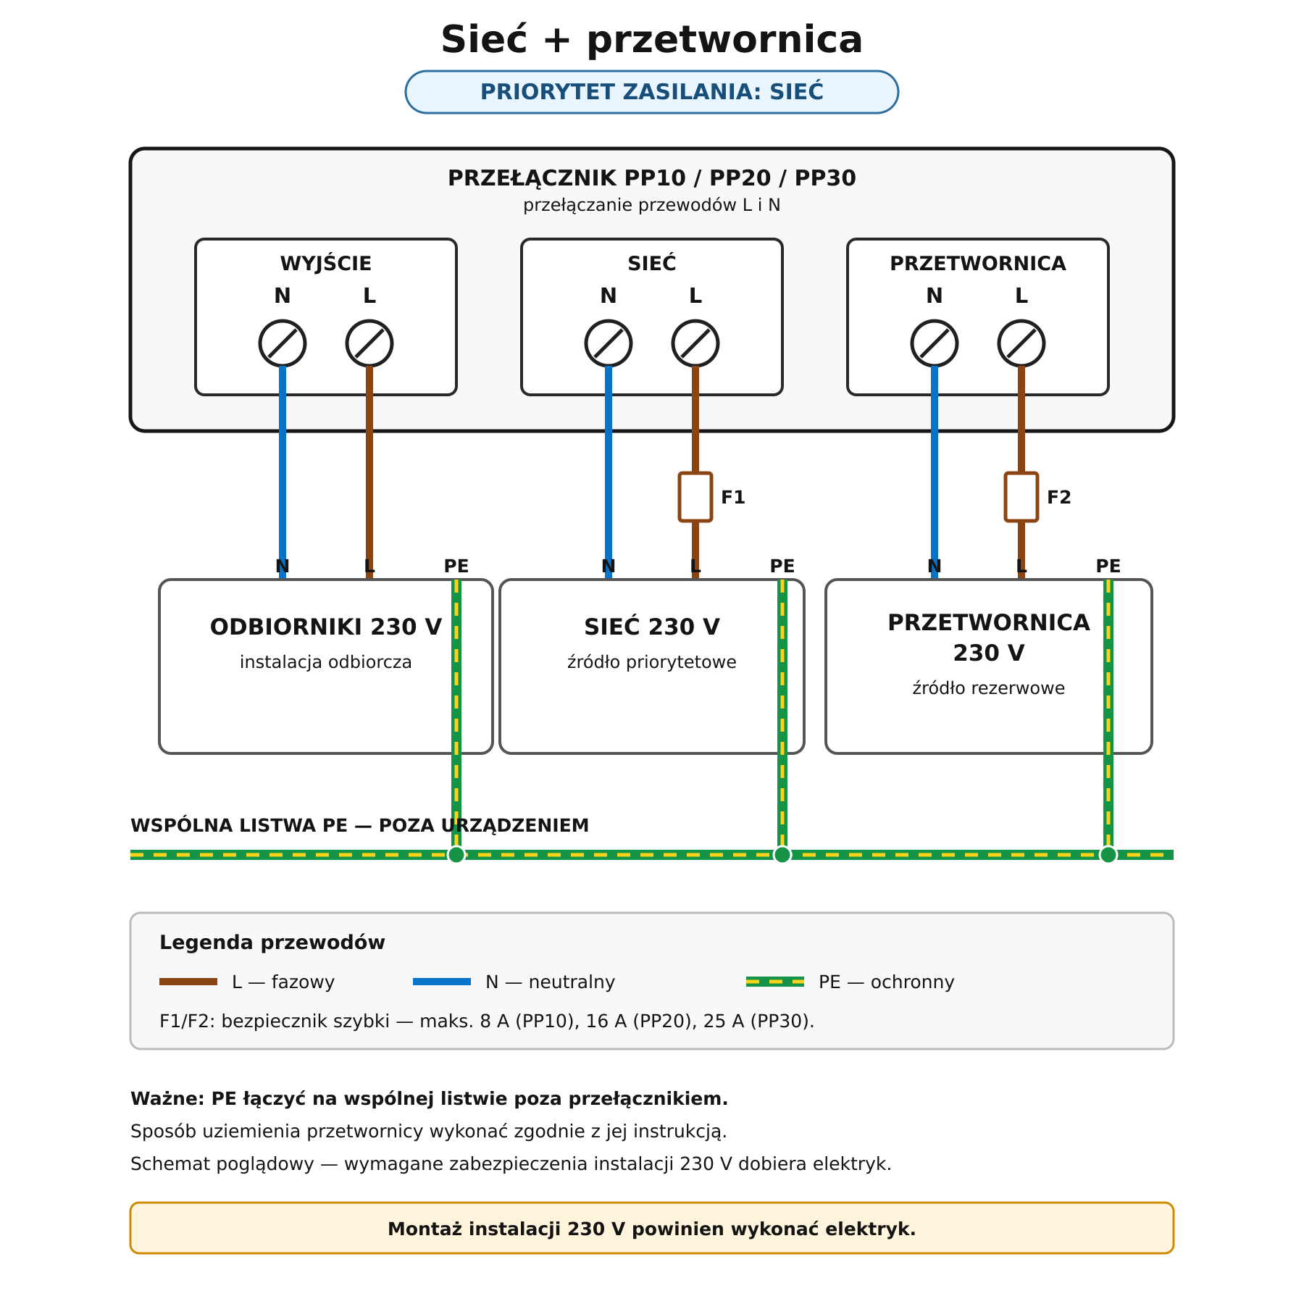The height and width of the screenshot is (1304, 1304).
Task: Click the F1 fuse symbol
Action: (695, 497)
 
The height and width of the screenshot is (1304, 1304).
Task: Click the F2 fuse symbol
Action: (1021, 497)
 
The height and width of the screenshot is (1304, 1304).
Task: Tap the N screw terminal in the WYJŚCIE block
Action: (283, 343)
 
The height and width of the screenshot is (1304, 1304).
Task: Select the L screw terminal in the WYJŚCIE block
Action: (369, 343)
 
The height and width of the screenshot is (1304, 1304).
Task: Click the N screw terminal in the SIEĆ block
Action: (609, 343)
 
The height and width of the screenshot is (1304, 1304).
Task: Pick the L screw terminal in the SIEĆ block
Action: (695, 343)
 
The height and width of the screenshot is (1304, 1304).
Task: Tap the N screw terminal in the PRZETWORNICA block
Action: (935, 343)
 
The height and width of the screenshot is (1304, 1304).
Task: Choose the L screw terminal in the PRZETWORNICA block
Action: (1021, 343)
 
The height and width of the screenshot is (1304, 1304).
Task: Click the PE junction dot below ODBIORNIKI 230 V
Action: (456, 855)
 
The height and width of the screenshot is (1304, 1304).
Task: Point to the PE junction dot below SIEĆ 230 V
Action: (782, 855)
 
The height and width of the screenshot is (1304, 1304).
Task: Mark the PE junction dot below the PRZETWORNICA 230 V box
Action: (1108, 855)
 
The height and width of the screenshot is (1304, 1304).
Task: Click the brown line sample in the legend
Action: (188, 982)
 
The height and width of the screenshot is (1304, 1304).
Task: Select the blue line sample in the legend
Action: (442, 982)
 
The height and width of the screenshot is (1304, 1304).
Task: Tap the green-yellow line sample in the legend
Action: (775, 982)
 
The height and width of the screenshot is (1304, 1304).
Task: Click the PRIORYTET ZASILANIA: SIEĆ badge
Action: (652, 92)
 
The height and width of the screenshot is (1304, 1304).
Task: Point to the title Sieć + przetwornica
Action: (652, 39)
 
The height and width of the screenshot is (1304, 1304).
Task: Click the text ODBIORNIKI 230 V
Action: (326, 627)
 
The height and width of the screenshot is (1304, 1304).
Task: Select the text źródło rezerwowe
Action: (989, 688)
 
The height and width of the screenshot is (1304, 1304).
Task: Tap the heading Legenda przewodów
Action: (272, 943)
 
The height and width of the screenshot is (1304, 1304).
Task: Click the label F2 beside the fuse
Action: (1059, 498)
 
